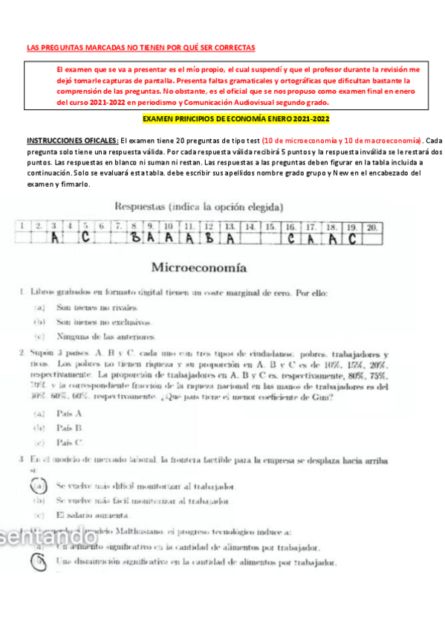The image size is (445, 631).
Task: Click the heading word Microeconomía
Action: point(199,266)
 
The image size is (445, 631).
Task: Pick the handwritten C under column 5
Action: point(86,239)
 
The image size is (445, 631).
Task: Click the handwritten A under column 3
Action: point(55,239)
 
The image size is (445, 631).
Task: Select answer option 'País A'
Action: point(69,412)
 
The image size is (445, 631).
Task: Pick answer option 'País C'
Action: point(69,443)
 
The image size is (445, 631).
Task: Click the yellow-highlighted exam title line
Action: point(236,118)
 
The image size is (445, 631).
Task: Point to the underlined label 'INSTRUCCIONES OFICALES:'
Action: point(72,141)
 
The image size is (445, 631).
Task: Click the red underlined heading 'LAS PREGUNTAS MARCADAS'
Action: point(140,48)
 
